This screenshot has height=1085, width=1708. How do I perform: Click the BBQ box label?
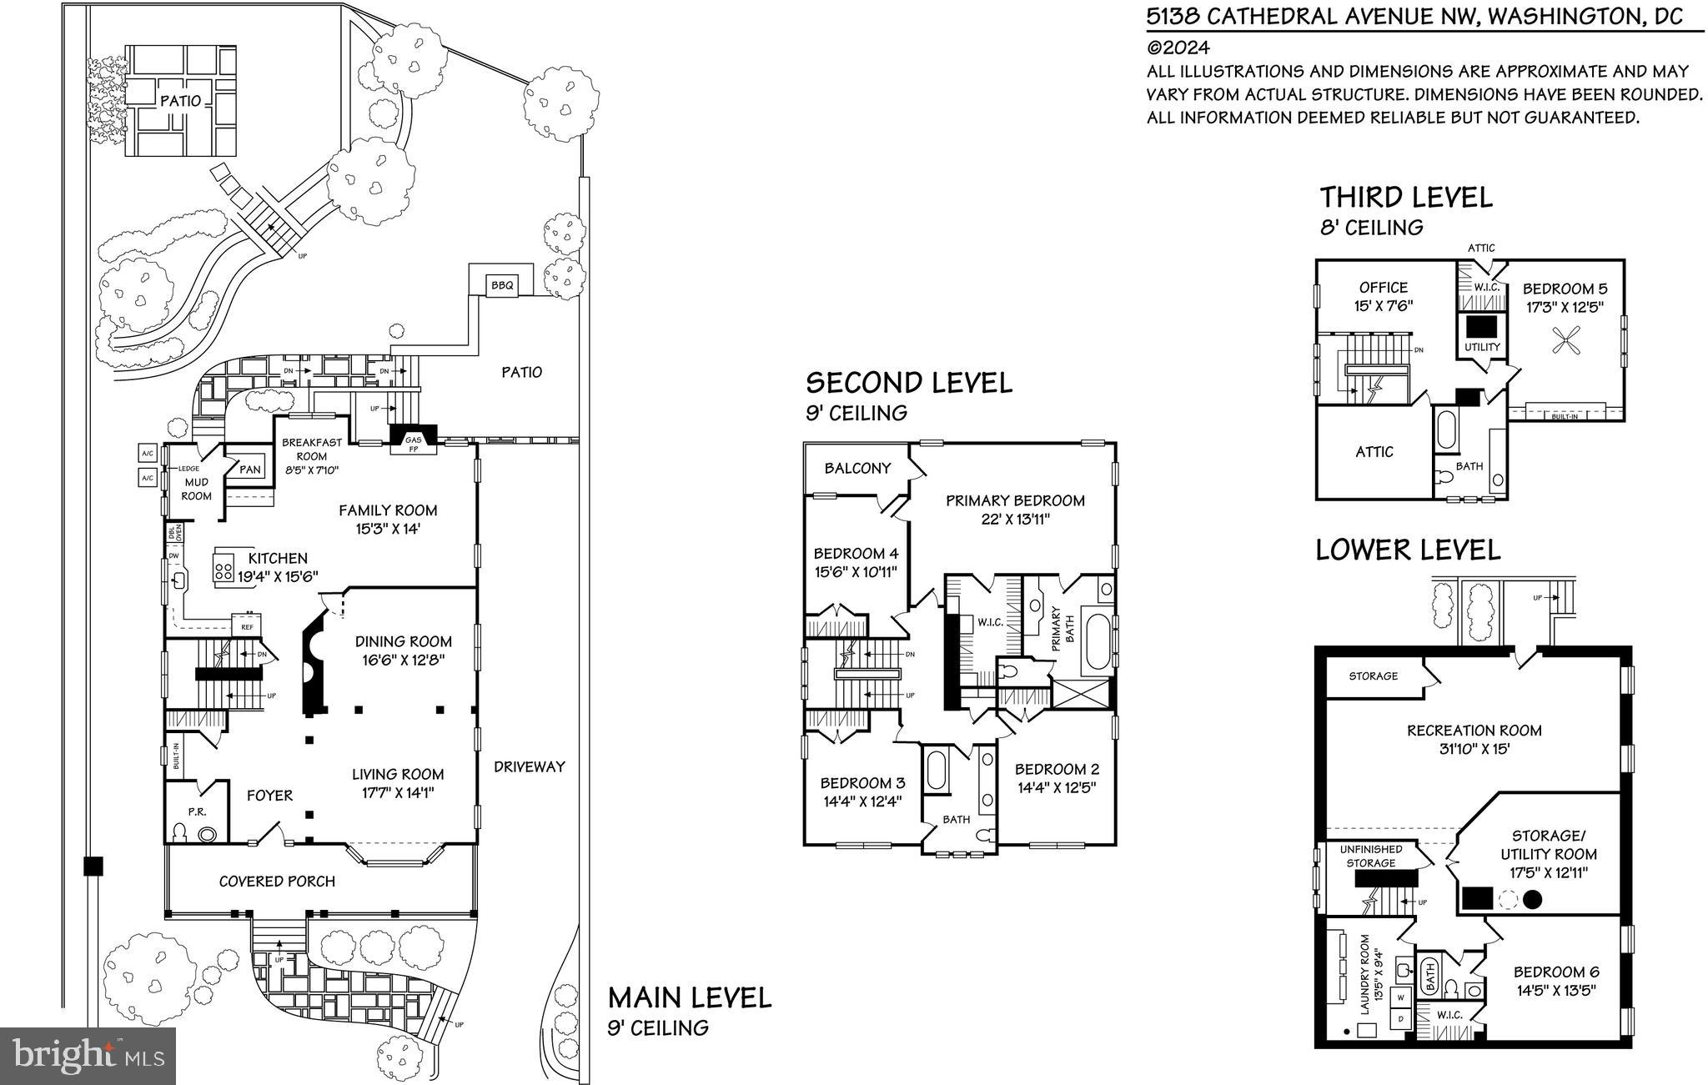[502, 286]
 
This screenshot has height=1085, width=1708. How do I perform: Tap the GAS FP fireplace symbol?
[413, 442]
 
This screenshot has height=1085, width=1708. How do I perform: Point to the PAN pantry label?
[250, 470]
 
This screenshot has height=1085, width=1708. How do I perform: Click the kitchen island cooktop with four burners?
[224, 571]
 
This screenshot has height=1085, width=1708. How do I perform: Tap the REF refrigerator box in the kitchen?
[247, 626]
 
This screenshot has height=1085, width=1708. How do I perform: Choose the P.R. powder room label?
[197, 811]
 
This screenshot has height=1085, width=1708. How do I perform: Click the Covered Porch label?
[277, 882]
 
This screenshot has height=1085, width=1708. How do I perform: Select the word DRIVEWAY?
[529, 766]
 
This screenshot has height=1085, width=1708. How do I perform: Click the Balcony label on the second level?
[857, 468]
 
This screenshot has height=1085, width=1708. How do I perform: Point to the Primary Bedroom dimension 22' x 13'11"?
[1015, 520]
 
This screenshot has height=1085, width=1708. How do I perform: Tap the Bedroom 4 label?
[856, 553]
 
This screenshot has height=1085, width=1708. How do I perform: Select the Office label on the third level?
[1383, 288]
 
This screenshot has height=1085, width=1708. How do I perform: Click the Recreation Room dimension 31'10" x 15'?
[1474, 749]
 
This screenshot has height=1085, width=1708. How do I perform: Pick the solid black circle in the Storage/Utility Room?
[1532, 899]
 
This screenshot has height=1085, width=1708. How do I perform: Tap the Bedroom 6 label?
[1556, 972]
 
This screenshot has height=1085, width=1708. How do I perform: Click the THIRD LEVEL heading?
[1405, 198]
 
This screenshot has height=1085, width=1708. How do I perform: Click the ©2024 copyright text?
[1178, 48]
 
